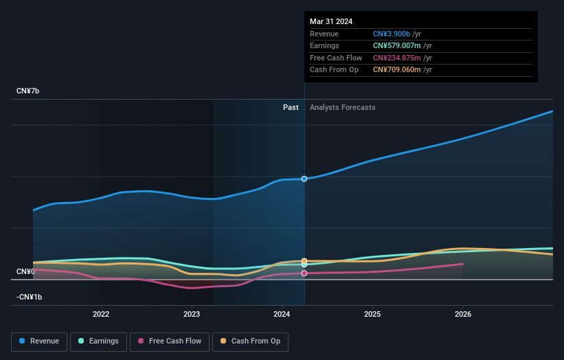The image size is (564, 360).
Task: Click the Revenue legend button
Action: click(x=39, y=341)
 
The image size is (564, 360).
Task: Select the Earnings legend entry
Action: click(x=98, y=341)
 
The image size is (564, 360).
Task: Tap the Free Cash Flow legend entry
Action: click(x=168, y=341)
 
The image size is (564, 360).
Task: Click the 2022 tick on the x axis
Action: click(x=101, y=315)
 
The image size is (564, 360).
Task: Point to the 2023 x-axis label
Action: click(x=192, y=315)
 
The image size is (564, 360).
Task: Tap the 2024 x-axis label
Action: click(x=282, y=315)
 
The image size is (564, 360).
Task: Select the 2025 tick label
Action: click(x=372, y=315)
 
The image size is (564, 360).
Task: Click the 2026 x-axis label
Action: click(x=463, y=315)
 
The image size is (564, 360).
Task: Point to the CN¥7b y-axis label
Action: click(x=28, y=91)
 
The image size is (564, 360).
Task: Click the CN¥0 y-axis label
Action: click(x=25, y=272)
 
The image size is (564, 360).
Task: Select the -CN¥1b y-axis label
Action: click(x=30, y=297)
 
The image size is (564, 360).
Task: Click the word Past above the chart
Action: click(x=291, y=107)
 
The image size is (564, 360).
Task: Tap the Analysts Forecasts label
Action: click(x=342, y=107)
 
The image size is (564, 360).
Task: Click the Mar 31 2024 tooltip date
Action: click(x=331, y=21)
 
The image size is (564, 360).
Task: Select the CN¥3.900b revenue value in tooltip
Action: click(x=392, y=34)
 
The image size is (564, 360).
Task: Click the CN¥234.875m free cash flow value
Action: click(x=396, y=58)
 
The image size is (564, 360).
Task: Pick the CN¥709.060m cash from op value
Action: click(x=396, y=70)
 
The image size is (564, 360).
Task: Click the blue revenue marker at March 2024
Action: click(x=304, y=179)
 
